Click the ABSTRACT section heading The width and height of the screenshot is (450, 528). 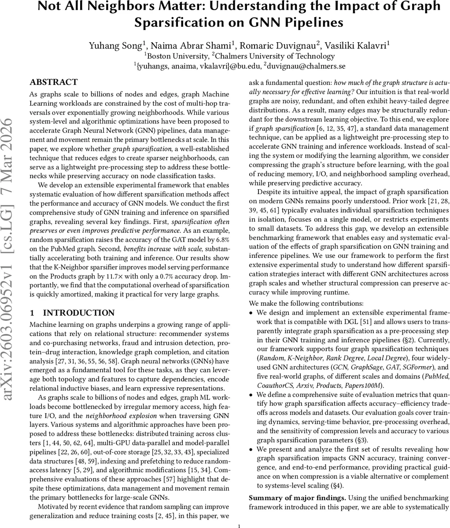tap(53, 82)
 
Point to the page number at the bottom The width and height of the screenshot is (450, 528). tap(238, 525)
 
